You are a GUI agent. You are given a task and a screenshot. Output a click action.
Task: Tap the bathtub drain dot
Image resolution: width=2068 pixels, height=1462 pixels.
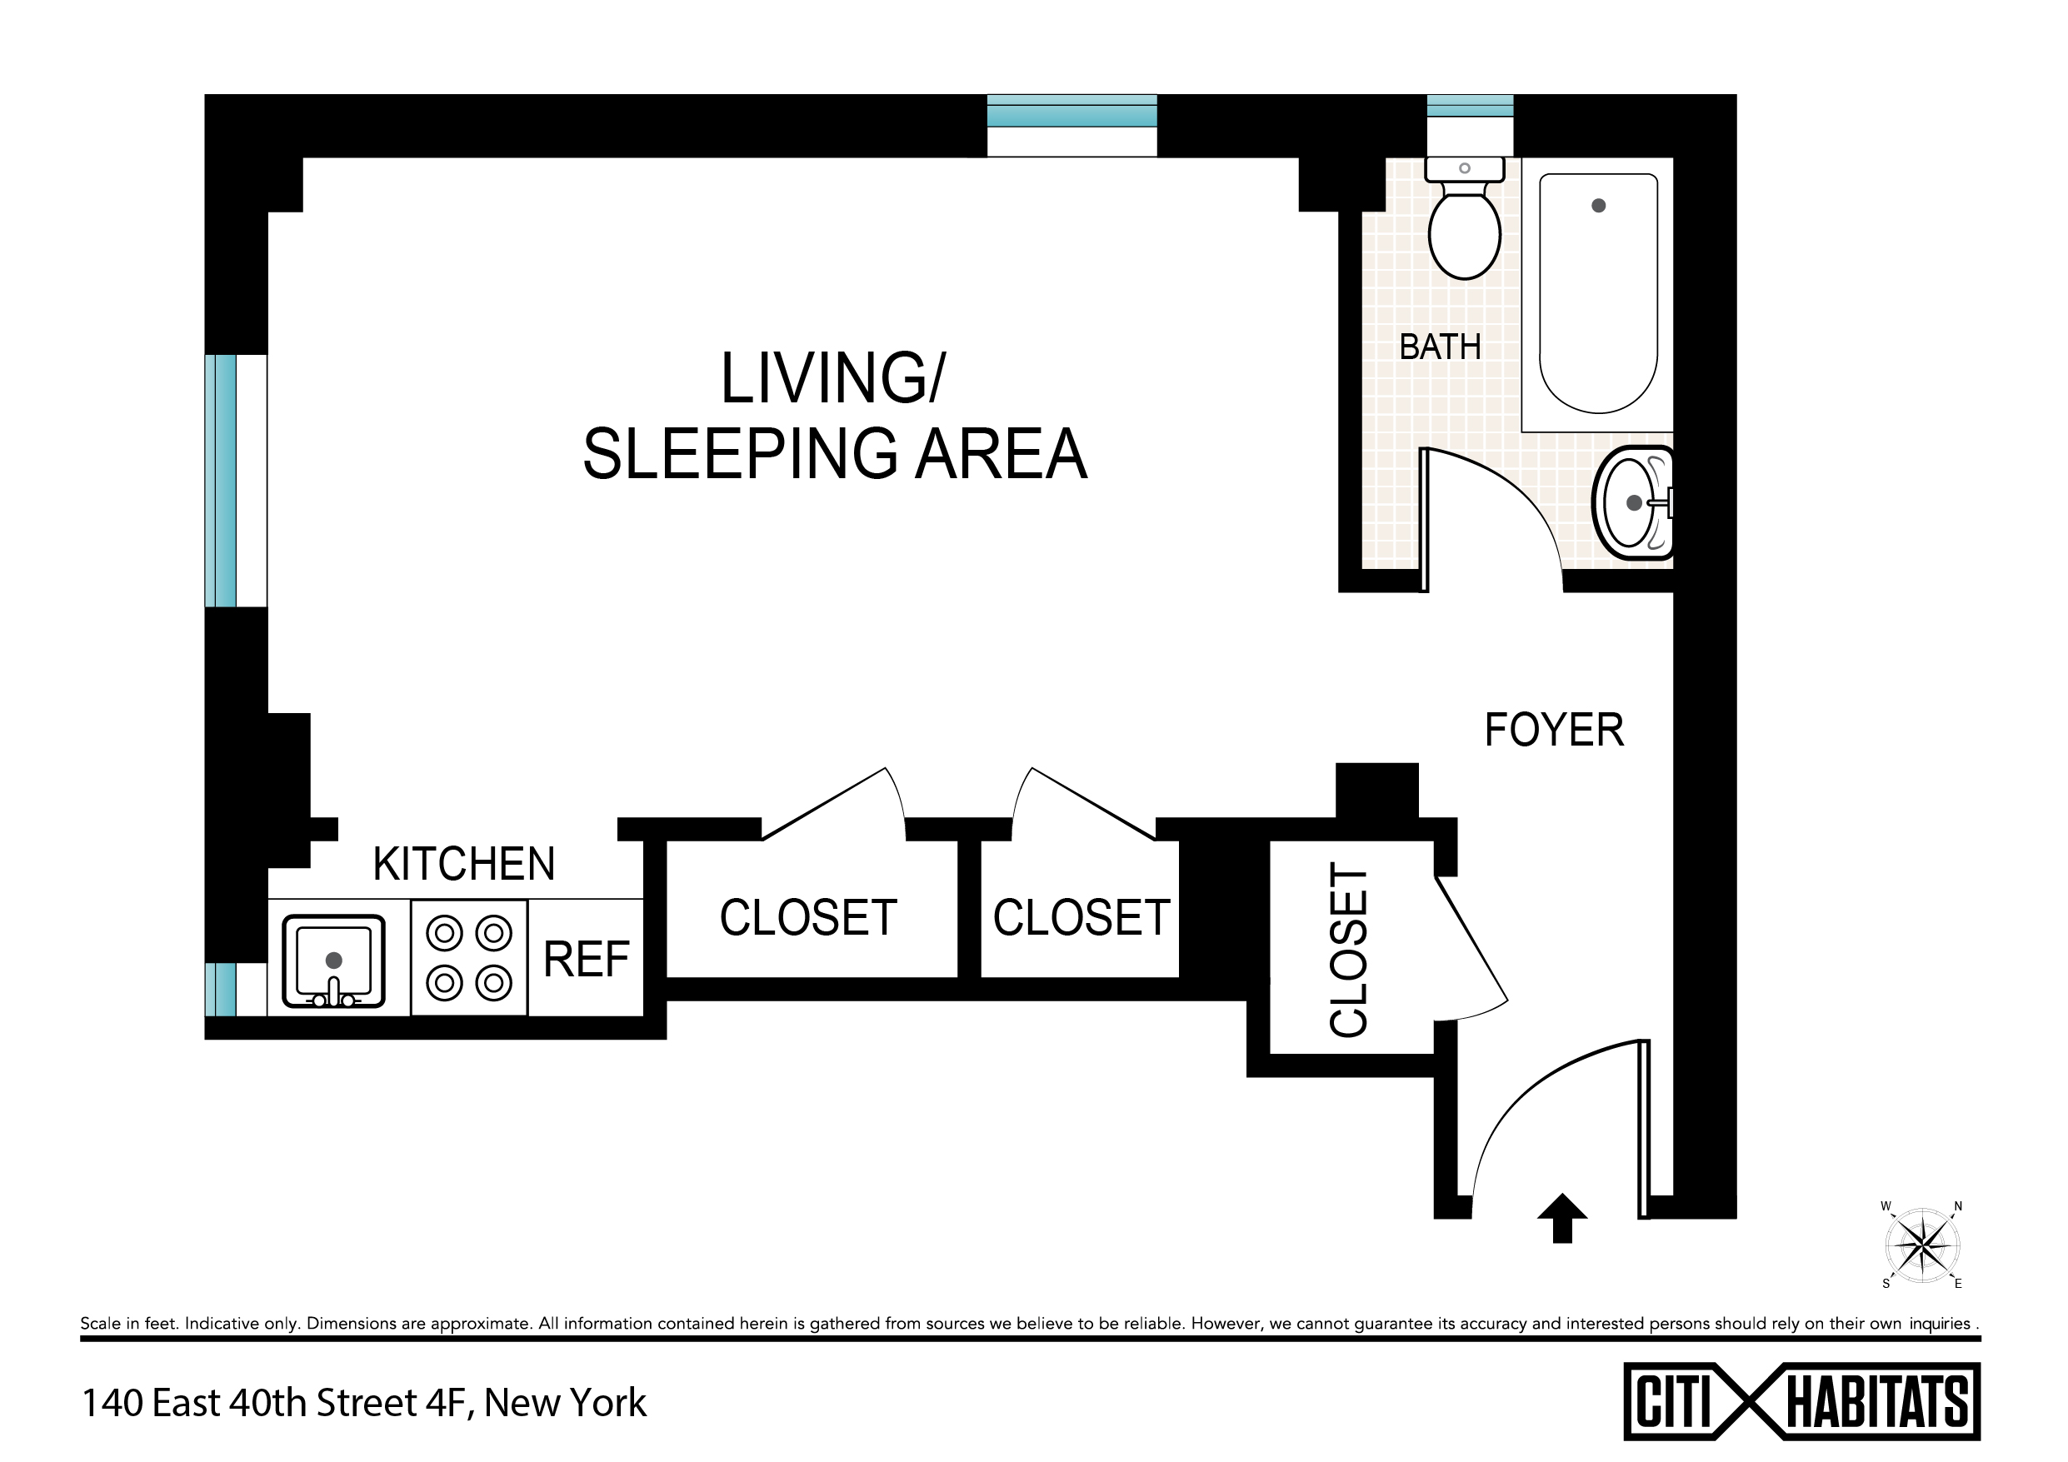pyautogui.click(x=1599, y=206)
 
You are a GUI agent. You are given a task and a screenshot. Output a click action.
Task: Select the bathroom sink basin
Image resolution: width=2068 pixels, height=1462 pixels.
pyautogui.click(x=1633, y=502)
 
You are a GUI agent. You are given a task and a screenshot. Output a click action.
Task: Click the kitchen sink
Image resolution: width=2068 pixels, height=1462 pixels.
pyautogui.click(x=333, y=961)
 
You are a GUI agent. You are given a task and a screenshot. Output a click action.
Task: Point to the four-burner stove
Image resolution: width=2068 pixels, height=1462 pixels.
pyautogui.click(x=469, y=957)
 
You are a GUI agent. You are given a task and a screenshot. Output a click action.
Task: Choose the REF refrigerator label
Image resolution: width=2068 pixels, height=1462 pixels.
pyautogui.click(x=586, y=960)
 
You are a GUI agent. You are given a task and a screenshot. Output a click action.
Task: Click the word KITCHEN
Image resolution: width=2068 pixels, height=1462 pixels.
pyautogui.click(x=464, y=864)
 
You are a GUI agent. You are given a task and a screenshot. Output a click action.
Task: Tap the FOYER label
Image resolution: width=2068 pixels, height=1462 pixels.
pyautogui.click(x=1554, y=730)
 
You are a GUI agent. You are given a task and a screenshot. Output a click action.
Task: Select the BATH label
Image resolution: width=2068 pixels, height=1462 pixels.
pyautogui.click(x=1439, y=347)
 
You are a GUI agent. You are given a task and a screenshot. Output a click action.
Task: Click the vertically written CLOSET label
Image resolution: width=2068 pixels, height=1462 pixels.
pyautogui.click(x=1349, y=950)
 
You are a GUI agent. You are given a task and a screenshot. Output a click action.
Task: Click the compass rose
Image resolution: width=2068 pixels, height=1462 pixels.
pyautogui.click(x=1922, y=1245)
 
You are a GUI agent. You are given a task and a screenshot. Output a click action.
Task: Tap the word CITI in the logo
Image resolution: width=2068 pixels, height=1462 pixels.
pyautogui.click(x=1671, y=1402)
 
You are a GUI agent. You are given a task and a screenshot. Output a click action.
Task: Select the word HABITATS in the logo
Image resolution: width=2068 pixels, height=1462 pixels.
pyautogui.click(x=1877, y=1403)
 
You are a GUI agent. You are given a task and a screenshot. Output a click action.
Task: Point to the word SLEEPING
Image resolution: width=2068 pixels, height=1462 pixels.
pyautogui.click(x=740, y=453)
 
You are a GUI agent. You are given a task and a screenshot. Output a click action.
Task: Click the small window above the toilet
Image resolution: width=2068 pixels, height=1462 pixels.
pyautogui.click(x=1470, y=107)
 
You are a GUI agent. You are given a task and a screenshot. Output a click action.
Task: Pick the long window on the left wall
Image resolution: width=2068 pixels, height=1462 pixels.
pyautogui.click(x=222, y=481)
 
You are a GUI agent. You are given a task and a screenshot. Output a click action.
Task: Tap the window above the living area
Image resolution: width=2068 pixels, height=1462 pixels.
pyautogui.click(x=1071, y=111)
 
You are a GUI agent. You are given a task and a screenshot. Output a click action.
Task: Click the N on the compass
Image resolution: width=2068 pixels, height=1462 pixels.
pyautogui.click(x=1957, y=1206)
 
